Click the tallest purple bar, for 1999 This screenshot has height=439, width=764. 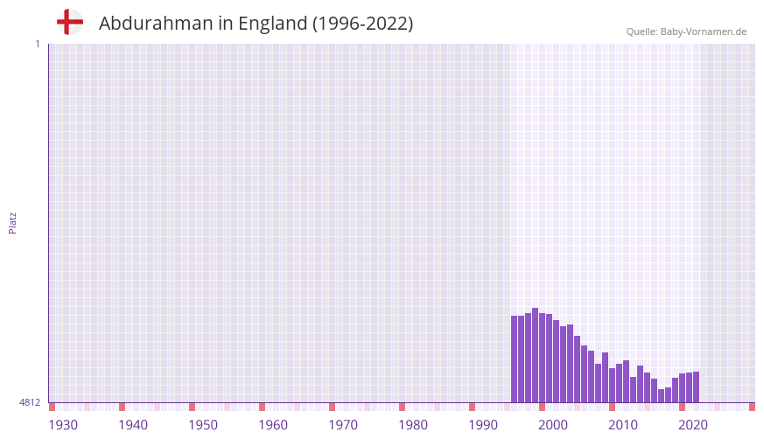click(535, 355)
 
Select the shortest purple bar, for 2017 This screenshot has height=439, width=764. click(661, 395)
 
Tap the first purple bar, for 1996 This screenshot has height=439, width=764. click(514, 359)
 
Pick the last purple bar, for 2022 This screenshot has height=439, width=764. click(696, 387)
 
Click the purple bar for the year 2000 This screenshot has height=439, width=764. click(542, 358)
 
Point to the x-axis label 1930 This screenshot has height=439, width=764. click(63, 425)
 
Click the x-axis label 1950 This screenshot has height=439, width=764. click(203, 425)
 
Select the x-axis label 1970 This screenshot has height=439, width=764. click(343, 425)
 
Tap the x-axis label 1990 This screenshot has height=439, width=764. click(483, 425)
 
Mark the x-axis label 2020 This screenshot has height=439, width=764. click(693, 425)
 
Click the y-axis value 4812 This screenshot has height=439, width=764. click(30, 403)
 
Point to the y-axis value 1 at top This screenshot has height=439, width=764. click(37, 44)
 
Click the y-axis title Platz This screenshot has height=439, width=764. click(13, 223)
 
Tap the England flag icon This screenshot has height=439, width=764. click(69, 23)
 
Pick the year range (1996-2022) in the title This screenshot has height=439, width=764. click(363, 24)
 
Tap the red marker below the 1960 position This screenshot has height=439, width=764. click(262, 407)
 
